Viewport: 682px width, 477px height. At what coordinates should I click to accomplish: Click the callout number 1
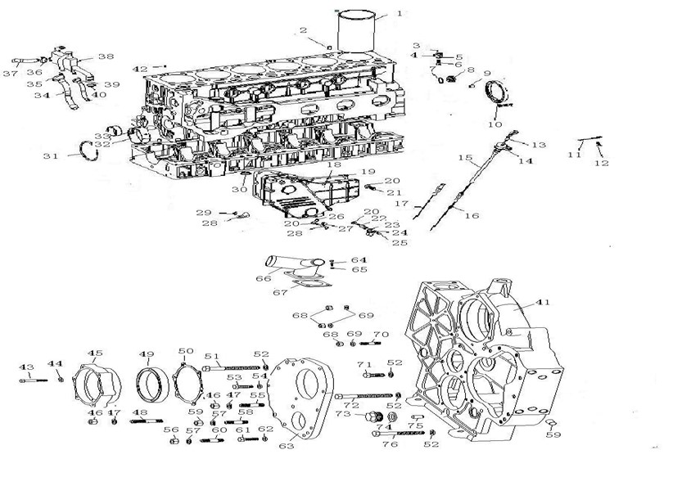click(x=399, y=13)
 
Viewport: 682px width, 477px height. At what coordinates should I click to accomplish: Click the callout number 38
click(x=106, y=56)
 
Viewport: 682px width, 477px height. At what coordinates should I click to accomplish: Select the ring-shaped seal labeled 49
click(x=151, y=385)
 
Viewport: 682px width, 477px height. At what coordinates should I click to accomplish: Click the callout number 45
click(x=95, y=354)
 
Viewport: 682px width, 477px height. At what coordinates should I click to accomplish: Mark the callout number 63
click(x=286, y=446)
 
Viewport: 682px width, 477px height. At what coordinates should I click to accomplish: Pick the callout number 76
click(x=389, y=444)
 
